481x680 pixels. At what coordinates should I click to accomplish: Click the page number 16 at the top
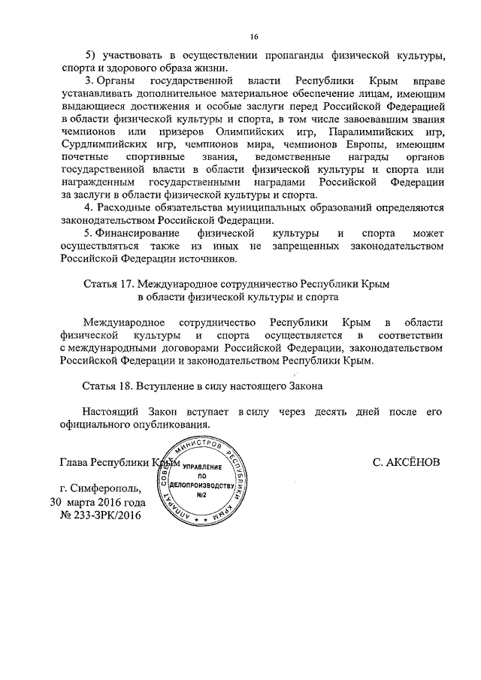coord(254,36)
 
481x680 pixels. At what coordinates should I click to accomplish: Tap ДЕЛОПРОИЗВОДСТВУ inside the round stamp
coord(201,485)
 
